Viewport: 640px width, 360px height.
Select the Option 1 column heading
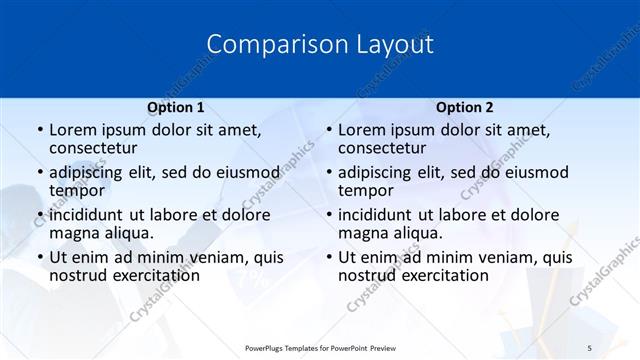[x=176, y=107]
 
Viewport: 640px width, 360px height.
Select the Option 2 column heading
[x=465, y=107]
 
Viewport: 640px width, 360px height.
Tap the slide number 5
[x=589, y=346]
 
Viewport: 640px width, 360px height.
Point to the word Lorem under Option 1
[x=73, y=130]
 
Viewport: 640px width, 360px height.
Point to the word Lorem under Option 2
[x=362, y=130]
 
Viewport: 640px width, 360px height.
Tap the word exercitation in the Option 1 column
[x=151, y=275]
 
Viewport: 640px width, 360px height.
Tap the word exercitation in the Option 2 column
[x=440, y=275]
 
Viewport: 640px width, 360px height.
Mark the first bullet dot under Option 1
[x=39, y=131]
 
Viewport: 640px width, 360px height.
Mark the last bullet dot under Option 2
[x=328, y=257]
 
